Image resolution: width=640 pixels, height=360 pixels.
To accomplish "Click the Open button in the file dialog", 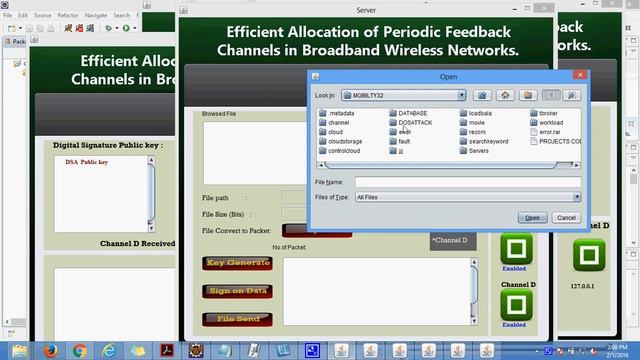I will (x=532, y=217).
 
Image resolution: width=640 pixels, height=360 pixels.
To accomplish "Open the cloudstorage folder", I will (x=344, y=141).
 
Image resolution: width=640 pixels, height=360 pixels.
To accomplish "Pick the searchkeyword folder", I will (x=486, y=141).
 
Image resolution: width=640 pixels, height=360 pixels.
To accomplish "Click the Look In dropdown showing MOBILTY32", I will (x=405, y=95).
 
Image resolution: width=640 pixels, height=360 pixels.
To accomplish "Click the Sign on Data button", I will (x=238, y=290).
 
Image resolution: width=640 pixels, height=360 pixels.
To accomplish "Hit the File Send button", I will (x=238, y=318).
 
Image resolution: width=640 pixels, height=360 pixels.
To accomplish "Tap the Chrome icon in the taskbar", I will (x=79, y=349).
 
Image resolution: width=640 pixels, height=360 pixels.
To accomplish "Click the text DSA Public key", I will (x=87, y=161).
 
